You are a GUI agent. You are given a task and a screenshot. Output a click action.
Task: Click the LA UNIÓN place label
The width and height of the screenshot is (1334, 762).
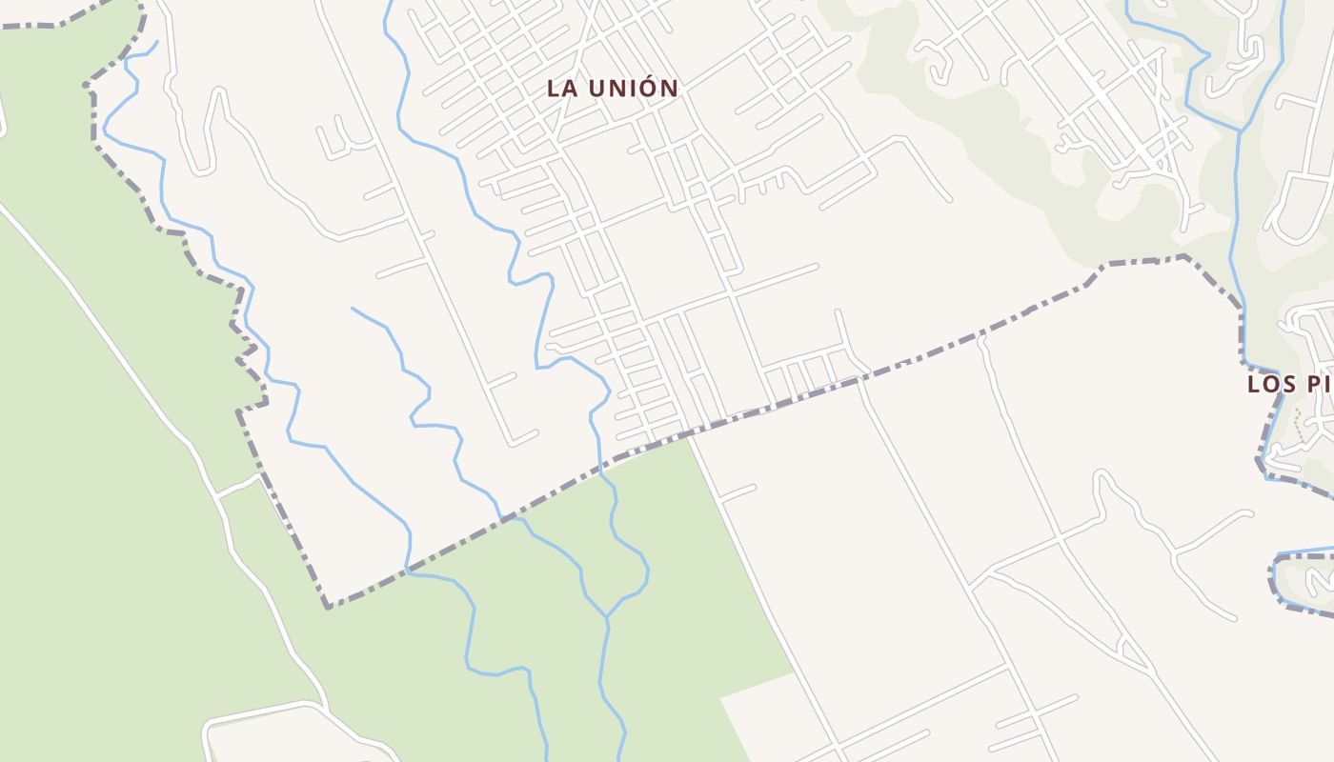613,89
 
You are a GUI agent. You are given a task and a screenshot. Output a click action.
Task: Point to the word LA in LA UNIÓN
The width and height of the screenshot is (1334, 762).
561,89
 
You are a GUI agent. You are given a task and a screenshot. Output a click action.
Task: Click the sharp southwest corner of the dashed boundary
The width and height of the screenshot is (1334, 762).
328,607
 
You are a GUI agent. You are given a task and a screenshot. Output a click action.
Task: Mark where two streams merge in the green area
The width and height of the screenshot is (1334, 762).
607,616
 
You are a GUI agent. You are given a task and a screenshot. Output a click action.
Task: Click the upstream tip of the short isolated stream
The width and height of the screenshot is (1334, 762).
353,308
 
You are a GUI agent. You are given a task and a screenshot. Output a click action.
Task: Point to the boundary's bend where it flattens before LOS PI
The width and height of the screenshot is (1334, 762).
1105,265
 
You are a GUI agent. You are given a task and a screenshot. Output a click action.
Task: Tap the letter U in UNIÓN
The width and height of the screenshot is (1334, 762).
598,89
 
